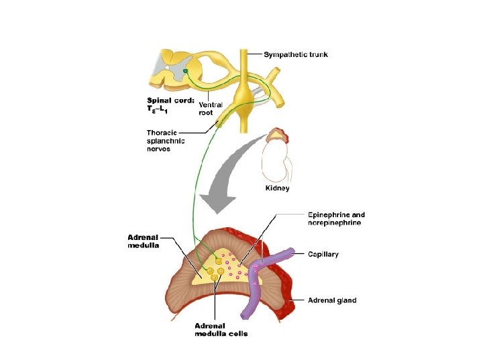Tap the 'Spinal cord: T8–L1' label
click(171, 105)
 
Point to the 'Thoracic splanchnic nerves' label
click(166, 141)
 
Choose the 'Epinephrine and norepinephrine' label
click(337, 219)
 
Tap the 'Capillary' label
click(323, 255)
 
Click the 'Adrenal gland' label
click(332, 300)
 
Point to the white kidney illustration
click(275, 161)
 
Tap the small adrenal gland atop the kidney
click(277, 136)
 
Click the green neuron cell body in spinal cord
click(185, 70)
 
